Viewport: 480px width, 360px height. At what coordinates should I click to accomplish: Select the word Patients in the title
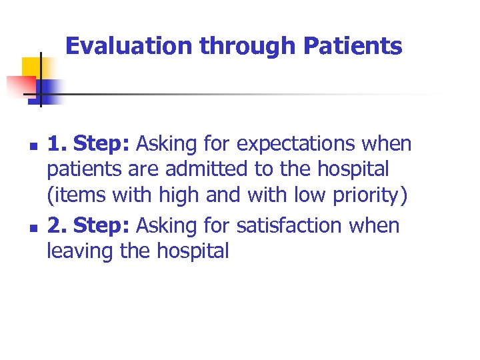click(x=353, y=46)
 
